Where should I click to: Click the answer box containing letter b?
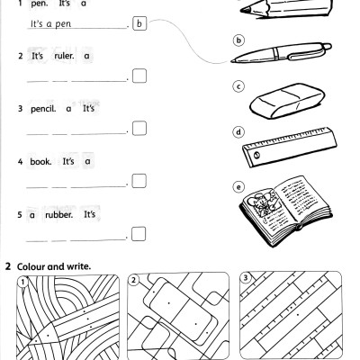[x=139, y=24]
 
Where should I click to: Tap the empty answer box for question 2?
[x=139, y=77]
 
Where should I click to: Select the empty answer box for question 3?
[x=139, y=130]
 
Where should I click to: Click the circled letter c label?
[x=238, y=87]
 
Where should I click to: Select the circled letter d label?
[x=238, y=131]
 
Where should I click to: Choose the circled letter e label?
[x=238, y=187]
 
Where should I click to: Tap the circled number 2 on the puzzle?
[x=135, y=281]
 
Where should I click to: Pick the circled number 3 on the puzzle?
[x=247, y=281]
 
